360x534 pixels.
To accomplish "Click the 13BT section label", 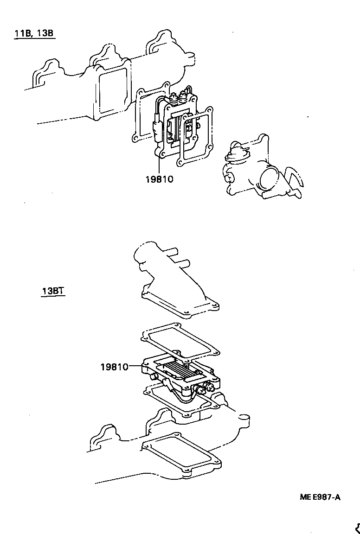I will pyautogui.click(x=52, y=291).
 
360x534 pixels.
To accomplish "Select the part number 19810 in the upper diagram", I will pyautogui.click(x=159, y=179).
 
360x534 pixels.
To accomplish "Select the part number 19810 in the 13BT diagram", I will pyautogui.click(x=114, y=367).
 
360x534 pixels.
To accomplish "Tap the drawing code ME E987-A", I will pyautogui.click(x=320, y=497).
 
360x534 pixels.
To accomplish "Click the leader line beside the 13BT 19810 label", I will pyautogui.click(x=136, y=366).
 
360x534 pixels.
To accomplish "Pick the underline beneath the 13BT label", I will pyautogui.click(x=52, y=297).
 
